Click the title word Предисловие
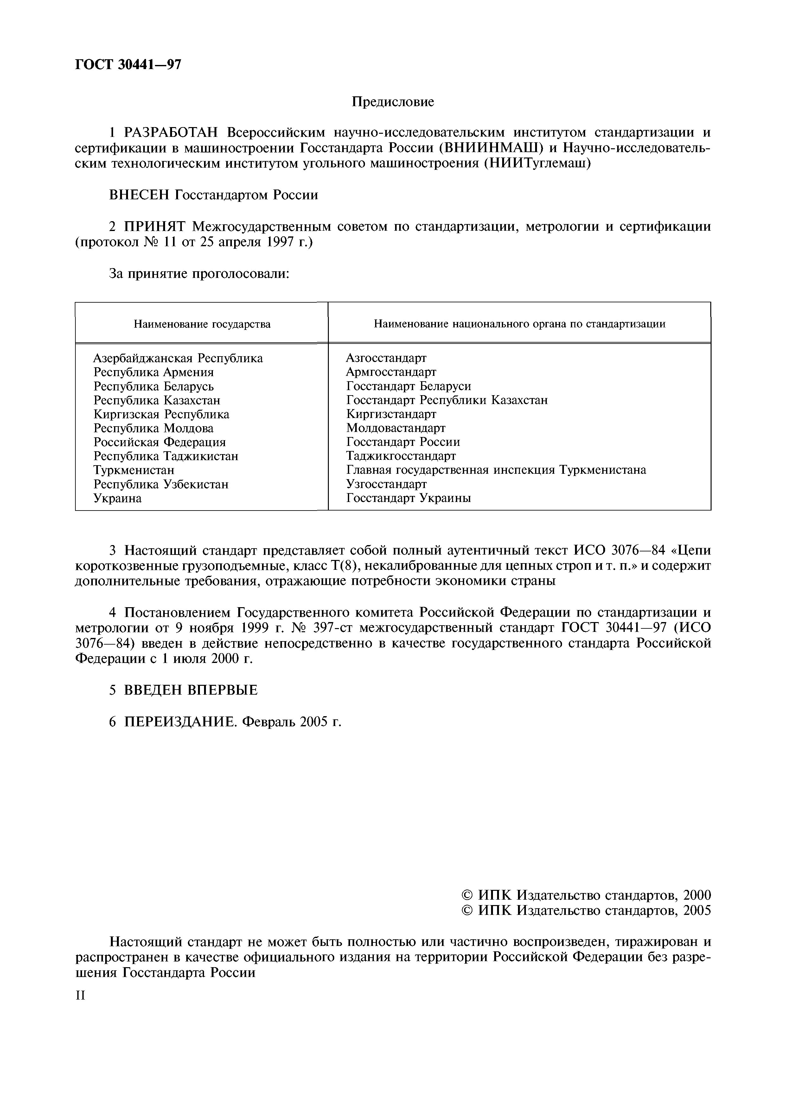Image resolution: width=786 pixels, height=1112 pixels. [393, 102]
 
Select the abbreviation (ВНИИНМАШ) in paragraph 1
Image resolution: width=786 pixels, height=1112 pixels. [489, 148]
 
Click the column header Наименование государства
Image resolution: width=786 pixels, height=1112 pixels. [202, 324]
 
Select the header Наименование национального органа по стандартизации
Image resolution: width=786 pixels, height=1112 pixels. [519, 324]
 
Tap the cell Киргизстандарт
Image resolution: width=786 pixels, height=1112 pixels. [391, 414]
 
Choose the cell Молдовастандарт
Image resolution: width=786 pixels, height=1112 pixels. [396, 428]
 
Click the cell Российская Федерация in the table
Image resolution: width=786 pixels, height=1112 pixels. [159, 442]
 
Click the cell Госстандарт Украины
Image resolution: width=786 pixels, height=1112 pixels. [408, 498]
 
